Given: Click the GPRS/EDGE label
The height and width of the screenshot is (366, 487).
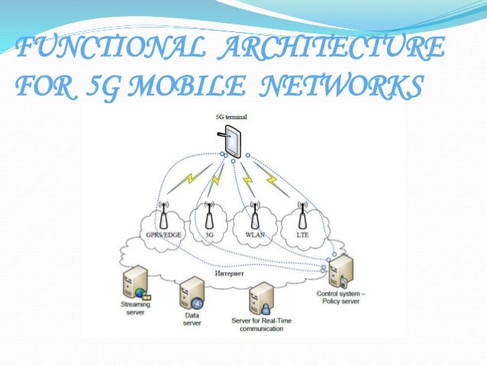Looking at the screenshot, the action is pos(163,235).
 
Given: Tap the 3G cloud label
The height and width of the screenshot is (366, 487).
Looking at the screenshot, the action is pos(208,235).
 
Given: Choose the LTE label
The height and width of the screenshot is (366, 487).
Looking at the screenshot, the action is pos(302,235).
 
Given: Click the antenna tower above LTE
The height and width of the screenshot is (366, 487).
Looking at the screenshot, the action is pos(302,215).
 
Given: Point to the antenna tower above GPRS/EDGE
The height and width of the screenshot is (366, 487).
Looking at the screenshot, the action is pos(163,215).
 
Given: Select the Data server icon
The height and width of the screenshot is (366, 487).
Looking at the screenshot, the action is pos(191,293).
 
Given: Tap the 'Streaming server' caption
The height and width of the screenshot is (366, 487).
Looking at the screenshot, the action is pos(136,309).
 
